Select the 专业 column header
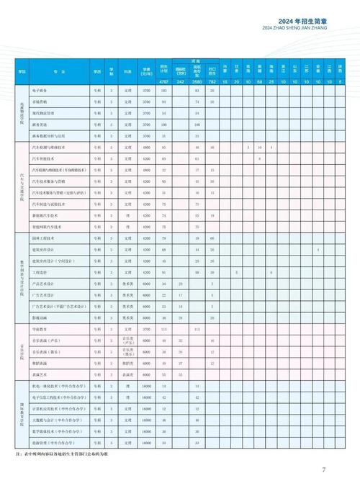[x=58, y=73]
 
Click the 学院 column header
[x=22, y=73]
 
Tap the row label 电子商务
[x=40, y=91]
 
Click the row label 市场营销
[x=40, y=102]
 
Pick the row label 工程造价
[x=40, y=272]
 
